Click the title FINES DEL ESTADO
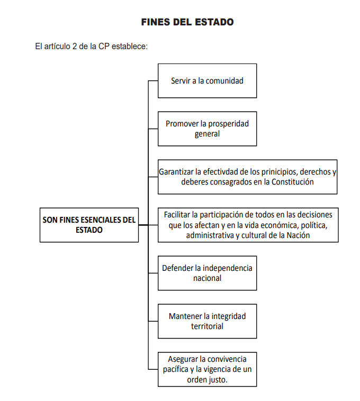click(187, 22)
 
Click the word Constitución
click(292, 182)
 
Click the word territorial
click(207, 326)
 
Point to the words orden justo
click(207, 379)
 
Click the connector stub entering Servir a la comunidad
click(153, 81)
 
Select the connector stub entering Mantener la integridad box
click(153, 321)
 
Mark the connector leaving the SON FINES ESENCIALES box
click(143, 225)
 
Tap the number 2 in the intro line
click(75, 46)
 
